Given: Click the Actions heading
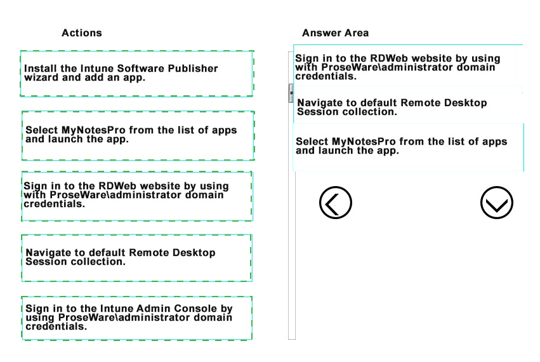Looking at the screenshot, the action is pyautogui.click(x=82, y=33).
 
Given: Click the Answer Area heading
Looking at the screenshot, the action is pyautogui.click(x=335, y=33).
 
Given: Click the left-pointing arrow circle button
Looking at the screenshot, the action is pyautogui.click(x=336, y=203).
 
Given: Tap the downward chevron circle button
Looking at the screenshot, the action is pyautogui.click(x=497, y=203).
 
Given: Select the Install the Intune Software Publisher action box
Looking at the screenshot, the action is pyautogui.click(x=137, y=74).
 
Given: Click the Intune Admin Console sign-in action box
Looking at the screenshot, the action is pyautogui.click(x=136, y=318).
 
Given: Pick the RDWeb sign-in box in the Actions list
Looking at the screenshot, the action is pyautogui.click(x=137, y=196).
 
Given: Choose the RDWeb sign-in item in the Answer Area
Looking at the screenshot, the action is pyautogui.click(x=408, y=65).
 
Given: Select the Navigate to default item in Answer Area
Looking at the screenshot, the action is pyautogui.click(x=408, y=107).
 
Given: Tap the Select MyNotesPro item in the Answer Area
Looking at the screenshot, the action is pyautogui.click(x=408, y=147).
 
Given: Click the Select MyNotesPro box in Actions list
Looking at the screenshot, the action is pyautogui.click(x=138, y=135).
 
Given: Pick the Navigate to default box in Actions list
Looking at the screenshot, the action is pyautogui.click(x=136, y=258).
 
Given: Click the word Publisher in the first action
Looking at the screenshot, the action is pyautogui.click(x=193, y=69).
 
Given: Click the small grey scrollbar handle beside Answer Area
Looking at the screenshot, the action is pyautogui.click(x=291, y=93).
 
